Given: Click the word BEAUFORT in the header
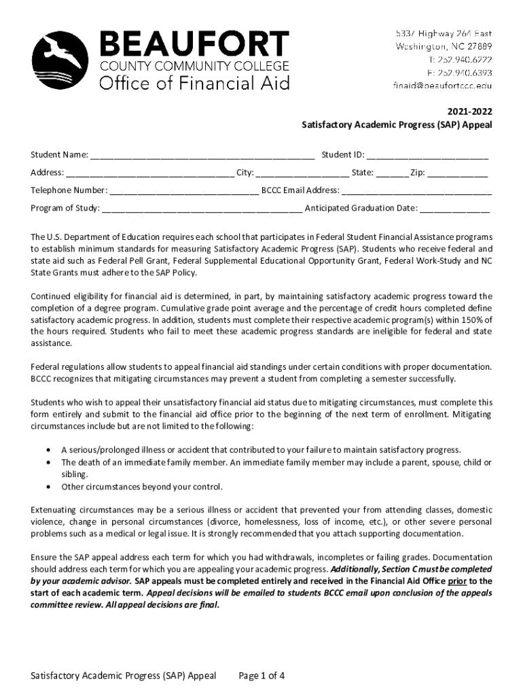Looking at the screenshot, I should click(194, 46).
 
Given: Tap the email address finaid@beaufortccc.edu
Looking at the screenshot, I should click(441, 86).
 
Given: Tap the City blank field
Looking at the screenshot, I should click(304, 173).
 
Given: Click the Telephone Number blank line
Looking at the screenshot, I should click(184, 191).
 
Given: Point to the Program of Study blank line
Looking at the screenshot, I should click(202, 209).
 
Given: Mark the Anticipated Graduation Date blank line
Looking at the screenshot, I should click(454, 209).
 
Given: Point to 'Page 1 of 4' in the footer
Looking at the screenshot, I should click(261, 676).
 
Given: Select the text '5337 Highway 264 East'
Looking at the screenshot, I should click(444, 33).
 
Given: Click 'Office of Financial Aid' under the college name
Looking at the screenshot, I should click(195, 83).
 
